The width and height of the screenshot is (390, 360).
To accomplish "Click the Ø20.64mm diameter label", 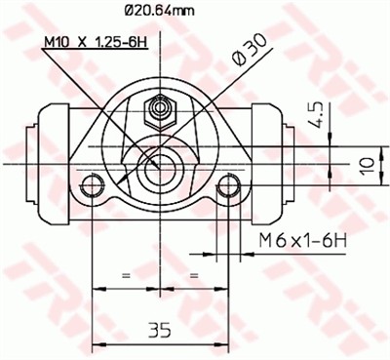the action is [160, 12].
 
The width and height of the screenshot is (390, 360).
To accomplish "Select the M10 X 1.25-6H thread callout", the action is [96, 42].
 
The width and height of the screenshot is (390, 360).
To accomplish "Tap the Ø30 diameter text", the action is [250, 50].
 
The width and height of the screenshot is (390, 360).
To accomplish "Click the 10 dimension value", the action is [368, 166].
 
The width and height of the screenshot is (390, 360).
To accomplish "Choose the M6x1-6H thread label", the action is [303, 241].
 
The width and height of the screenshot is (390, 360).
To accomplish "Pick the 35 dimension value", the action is [160, 331].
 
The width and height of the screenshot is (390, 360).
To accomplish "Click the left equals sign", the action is [126, 276].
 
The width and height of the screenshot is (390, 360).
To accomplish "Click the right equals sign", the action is [194, 276].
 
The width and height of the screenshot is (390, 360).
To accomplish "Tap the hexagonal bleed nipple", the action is [160, 112].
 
